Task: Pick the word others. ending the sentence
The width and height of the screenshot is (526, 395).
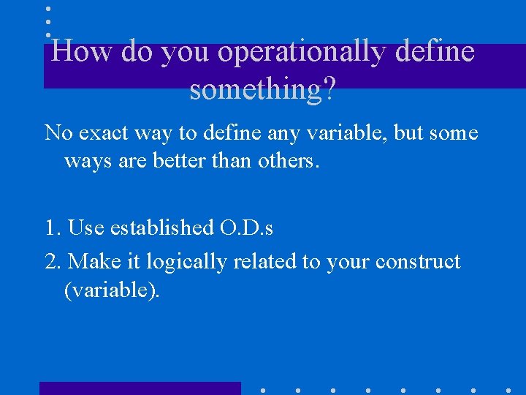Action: pos(289,160)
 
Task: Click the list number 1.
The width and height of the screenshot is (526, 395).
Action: pos(51,228)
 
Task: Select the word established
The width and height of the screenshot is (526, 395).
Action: pos(161,228)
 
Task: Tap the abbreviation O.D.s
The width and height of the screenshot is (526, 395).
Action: pos(246,228)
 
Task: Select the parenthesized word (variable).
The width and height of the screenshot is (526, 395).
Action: pos(111,290)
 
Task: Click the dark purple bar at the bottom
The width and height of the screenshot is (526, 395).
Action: pos(140,388)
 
